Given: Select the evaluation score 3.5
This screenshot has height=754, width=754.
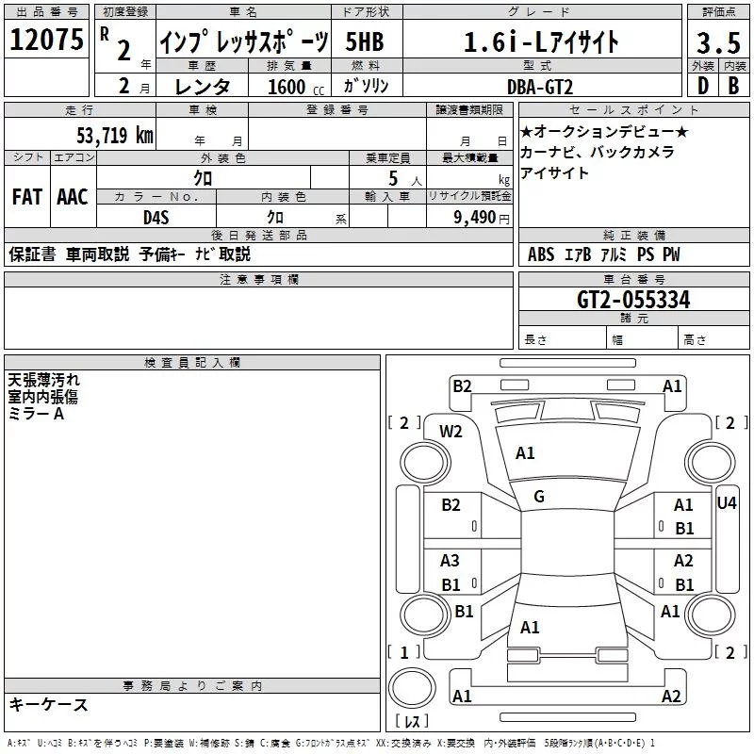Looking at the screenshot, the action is [x=717, y=42].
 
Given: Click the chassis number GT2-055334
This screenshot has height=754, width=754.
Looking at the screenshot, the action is [x=633, y=301].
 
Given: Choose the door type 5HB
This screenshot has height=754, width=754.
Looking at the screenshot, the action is [x=365, y=42].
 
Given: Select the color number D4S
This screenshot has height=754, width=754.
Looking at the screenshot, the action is [x=156, y=217].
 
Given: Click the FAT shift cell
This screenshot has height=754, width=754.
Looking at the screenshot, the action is [x=26, y=197].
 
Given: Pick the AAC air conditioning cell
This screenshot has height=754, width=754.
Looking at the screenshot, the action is [x=72, y=197].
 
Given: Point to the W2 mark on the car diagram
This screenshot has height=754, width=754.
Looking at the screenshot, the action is [x=451, y=432].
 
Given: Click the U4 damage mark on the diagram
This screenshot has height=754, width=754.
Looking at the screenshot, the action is [x=726, y=503].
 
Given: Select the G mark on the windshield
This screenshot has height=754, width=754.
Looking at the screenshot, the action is [x=539, y=496].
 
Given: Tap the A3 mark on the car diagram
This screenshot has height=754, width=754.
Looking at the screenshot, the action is [x=451, y=561].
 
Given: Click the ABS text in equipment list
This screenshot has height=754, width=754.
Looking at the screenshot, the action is [x=541, y=254].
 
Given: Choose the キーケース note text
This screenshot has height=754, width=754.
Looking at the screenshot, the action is [x=48, y=704].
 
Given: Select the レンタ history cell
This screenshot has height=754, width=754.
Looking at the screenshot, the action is [x=204, y=87].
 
